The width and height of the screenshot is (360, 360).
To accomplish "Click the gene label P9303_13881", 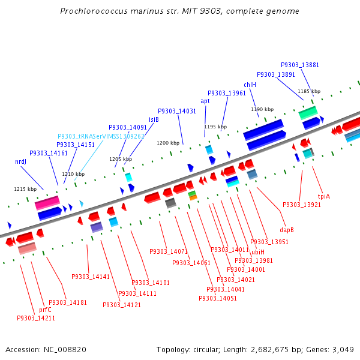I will point(300,65).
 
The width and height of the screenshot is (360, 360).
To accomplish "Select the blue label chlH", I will point(250,85).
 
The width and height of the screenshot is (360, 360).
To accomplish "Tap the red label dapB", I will point(287,229).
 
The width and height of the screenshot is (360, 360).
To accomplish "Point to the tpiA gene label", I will point(324,196).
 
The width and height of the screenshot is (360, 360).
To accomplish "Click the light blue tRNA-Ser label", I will point(101,136).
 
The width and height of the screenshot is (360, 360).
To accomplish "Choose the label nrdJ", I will point(20,162).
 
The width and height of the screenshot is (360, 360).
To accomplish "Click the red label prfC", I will point(45,310).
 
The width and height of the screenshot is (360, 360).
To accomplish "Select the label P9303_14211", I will point(36,319).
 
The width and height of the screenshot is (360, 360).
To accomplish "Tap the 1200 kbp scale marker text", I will point(168,143).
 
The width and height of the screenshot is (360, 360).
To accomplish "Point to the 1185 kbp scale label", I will point(309,92).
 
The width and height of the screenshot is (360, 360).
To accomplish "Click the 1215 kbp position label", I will point(25,189).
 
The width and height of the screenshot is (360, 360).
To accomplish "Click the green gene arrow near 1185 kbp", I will point(308,112).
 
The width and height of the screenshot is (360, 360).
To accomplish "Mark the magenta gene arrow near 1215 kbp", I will point(47,203).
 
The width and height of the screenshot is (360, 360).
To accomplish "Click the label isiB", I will point(154,119).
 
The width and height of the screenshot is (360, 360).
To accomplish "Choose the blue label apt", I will point(205,101).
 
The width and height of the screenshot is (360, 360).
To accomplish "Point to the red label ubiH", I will point(257,252).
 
